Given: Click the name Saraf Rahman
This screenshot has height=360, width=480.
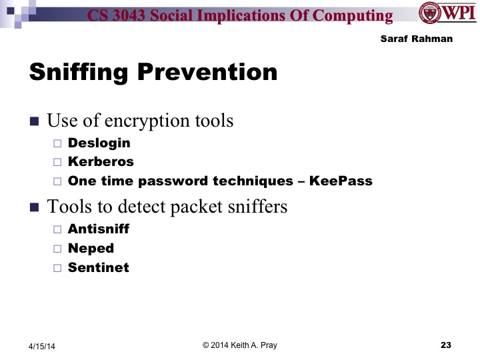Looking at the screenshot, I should pyautogui.click(x=416, y=39).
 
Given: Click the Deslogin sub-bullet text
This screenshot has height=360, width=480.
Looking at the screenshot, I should pyautogui.click(x=99, y=143).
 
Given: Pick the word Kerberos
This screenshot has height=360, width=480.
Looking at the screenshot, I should pyautogui.click(x=101, y=161).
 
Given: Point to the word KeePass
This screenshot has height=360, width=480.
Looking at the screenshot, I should pyautogui.click(x=341, y=181).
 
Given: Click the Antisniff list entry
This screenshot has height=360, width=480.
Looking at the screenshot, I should pyautogui.click(x=98, y=229).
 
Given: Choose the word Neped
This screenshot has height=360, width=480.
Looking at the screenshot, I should pyautogui.click(x=91, y=248).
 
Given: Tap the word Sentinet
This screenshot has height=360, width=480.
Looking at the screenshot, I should pyautogui.click(x=98, y=267).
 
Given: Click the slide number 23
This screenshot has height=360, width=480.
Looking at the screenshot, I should pyautogui.click(x=446, y=345).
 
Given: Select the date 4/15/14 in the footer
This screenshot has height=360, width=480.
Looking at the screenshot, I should pyautogui.click(x=42, y=346).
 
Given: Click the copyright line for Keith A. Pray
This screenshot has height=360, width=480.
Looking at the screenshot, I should pyautogui.click(x=239, y=345).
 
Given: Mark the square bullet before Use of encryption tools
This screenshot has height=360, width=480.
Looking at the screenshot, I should pyautogui.click(x=35, y=121).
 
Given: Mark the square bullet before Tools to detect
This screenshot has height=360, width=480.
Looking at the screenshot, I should pyautogui.click(x=35, y=207).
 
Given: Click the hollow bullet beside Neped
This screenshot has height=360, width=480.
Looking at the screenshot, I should pyautogui.click(x=57, y=249).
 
